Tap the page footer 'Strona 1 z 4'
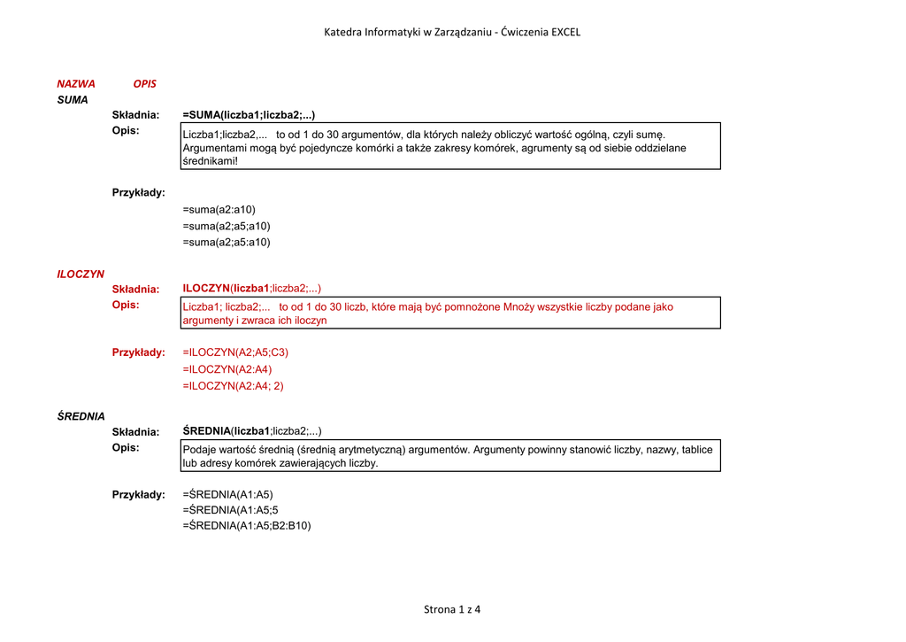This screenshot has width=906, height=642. pyautogui.click(x=452, y=609)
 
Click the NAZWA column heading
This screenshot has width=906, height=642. pyautogui.click(x=76, y=83)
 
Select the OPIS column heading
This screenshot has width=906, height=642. pyautogui.click(x=144, y=83)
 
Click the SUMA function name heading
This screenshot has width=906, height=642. pyautogui.click(x=73, y=100)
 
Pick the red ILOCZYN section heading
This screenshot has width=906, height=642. pyautogui.click(x=81, y=275)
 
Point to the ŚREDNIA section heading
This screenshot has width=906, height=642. pyautogui.click(x=81, y=416)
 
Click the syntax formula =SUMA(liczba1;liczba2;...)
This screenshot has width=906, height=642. pyautogui.click(x=249, y=115)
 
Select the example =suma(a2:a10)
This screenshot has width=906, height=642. pyautogui.click(x=219, y=210)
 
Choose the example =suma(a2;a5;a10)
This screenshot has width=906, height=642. pyautogui.click(x=226, y=226)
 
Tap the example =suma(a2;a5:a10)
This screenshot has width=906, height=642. pyautogui.click(x=226, y=242)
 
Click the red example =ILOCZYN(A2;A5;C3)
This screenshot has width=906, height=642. pyautogui.click(x=235, y=352)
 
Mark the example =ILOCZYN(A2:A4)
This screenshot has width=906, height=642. pyautogui.click(x=227, y=369)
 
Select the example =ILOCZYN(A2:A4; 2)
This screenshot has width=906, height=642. pyautogui.click(x=233, y=386)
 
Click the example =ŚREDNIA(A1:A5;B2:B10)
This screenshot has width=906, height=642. pyautogui.click(x=247, y=525)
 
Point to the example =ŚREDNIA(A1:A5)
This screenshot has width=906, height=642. pyautogui.click(x=228, y=494)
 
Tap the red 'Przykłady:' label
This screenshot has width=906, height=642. pyautogui.click(x=138, y=352)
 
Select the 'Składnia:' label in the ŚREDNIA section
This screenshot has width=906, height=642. pyautogui.click(x=135, y=432)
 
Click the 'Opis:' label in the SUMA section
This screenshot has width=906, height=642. pyautogui.click(x=126, y=131)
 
